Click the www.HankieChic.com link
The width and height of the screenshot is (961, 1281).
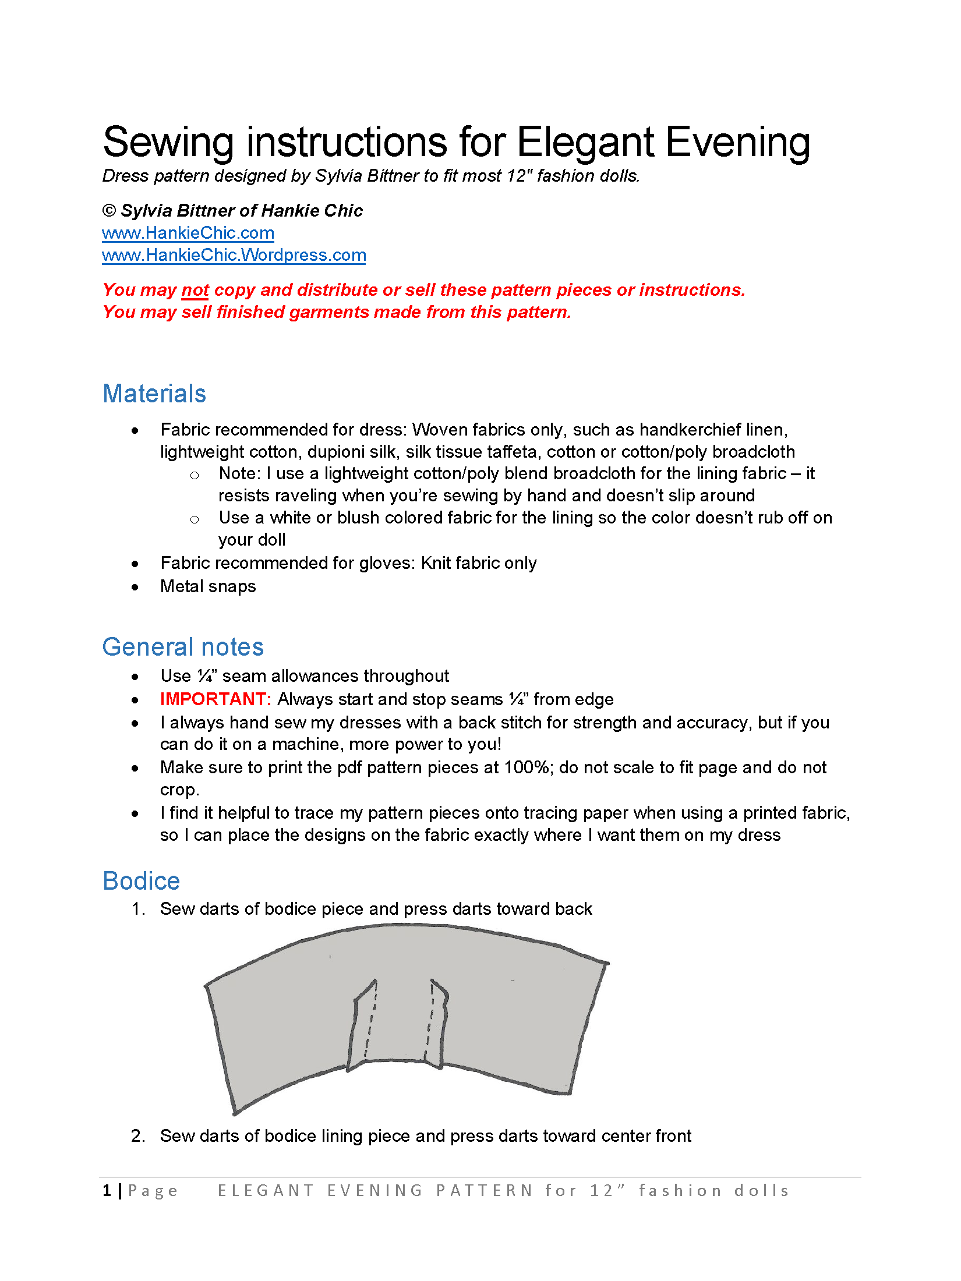coord(188,233)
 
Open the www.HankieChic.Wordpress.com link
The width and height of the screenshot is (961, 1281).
coord(234,255)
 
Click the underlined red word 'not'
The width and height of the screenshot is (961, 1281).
coord(195,290)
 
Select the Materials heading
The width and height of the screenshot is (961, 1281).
coord(154,394)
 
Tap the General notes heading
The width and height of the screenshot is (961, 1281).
coord(183,647)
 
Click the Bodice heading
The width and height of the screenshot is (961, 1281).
coord(141,881)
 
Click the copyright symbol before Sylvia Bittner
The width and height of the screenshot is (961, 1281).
coord(109,211)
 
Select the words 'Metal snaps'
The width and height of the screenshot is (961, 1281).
coord(208,586)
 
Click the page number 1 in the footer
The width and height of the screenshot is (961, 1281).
coord(107,1191)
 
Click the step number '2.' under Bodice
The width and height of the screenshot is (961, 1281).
coord(138,1136)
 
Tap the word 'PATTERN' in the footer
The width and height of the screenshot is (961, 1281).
coord(485,1191)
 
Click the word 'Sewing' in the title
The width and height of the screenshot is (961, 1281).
coord(168,142)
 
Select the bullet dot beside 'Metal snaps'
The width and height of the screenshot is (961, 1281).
coord(135,587)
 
